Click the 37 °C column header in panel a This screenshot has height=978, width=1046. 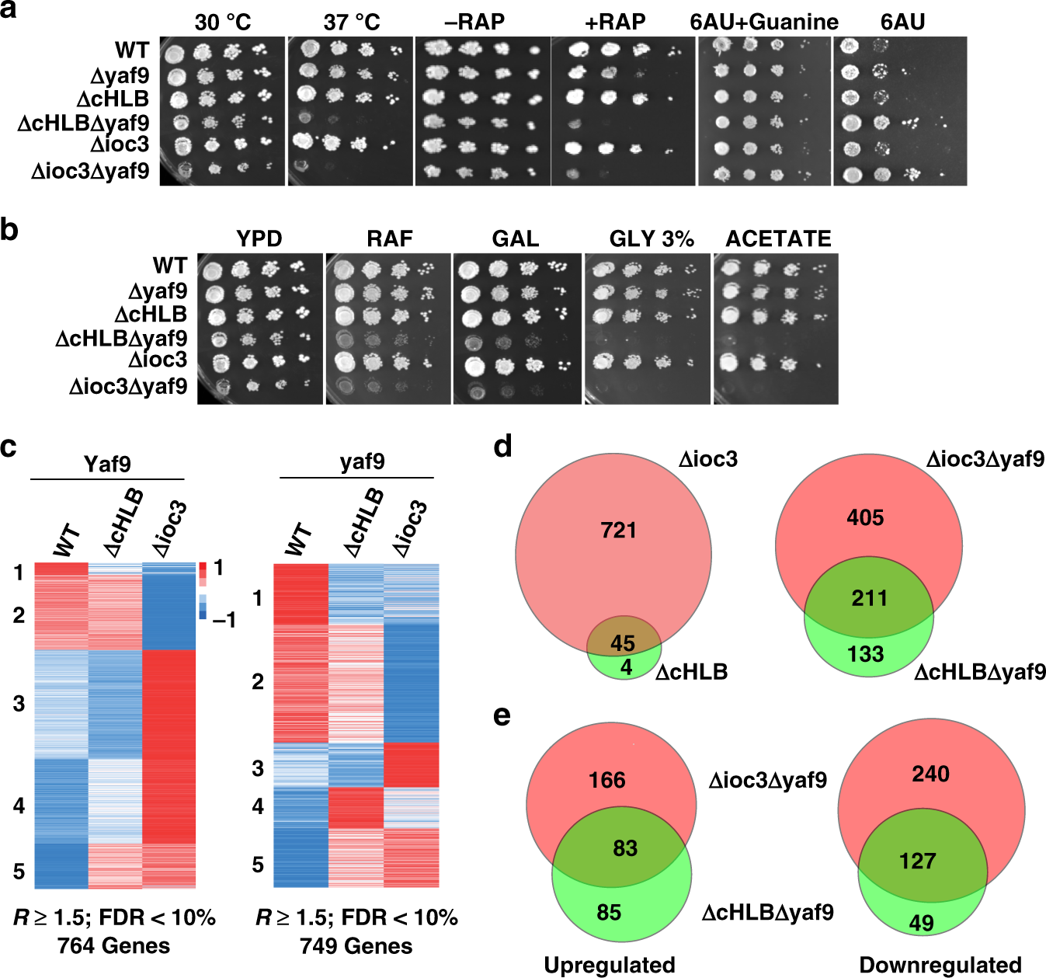(352, 22)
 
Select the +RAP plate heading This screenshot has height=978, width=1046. (615, 22)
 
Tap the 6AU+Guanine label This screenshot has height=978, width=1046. (764, 22)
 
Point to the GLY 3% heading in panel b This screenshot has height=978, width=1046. (652, 238)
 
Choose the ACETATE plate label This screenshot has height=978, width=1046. (778, 238)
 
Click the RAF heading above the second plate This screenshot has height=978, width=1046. (390, 238)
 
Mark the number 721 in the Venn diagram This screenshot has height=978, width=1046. (618, 531)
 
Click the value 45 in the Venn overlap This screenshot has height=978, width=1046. (623, 643)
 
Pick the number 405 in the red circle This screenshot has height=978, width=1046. (865, 517)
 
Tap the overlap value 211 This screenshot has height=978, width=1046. (869, 598)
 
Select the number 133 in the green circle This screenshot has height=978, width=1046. (865, 654)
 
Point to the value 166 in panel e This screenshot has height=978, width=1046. (607, 780)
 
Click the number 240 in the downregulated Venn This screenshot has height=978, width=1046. (930, 774)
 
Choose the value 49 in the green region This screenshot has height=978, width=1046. (921, 923)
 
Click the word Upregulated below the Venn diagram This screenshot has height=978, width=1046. (610, 965)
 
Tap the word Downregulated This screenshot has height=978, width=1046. (940, 965)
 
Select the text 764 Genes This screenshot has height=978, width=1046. (113, 945)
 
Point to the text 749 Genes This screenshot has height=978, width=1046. (356, 946)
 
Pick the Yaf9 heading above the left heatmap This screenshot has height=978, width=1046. (107, 464)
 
